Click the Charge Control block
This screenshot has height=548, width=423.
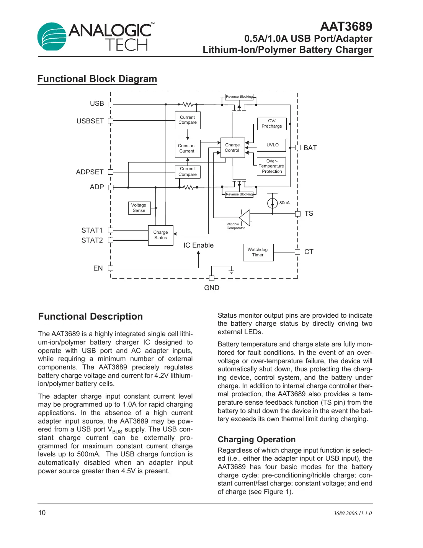[232, 148]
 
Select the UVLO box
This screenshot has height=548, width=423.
[271, 145]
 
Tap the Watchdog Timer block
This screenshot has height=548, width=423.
[258, 252]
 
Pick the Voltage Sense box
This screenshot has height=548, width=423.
[139, 208]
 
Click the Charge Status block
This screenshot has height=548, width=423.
[161, 235]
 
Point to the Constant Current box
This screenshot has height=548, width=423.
[187, 148]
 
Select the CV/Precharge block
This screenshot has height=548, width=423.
[271, 123]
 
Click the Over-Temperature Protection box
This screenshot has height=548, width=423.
[271, 166]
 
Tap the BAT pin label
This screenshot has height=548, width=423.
[310, 148]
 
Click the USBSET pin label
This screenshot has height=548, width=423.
[90, 121]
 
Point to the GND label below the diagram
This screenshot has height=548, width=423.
[212, 288]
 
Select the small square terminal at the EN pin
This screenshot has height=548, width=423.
[111, 268]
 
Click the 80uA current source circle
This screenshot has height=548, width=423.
[272, 203]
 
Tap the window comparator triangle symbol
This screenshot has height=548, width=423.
[245, 217]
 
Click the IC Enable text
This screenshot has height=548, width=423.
[198, 245]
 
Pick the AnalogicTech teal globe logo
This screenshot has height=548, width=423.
[52, 36]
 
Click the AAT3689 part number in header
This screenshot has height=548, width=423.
[346, 26]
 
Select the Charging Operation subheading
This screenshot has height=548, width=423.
[256, 440]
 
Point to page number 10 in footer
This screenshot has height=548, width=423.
[42, 513]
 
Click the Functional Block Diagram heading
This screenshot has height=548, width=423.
[97, 79]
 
